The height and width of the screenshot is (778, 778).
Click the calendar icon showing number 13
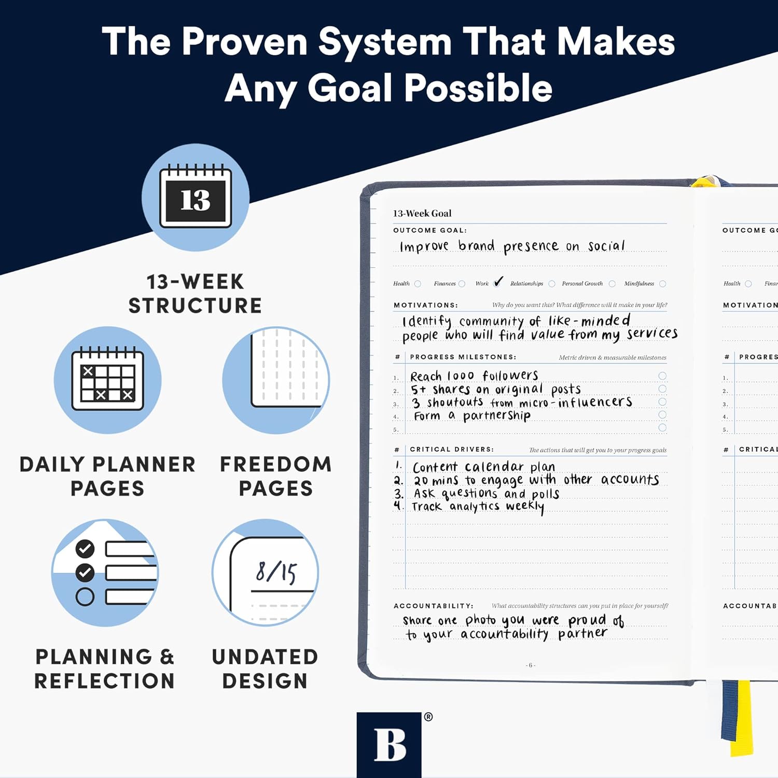pos(196,198)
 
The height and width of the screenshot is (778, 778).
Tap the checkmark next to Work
pos(498,282)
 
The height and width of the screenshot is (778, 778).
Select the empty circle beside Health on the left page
pos(418,284)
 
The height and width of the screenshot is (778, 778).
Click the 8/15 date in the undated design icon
pos(276,572)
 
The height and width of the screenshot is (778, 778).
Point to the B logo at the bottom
pos(389,745)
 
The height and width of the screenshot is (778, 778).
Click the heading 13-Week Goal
pos(422,213)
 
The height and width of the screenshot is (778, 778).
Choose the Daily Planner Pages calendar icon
pos(108,380)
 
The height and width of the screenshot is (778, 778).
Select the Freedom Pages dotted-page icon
pos(276,380)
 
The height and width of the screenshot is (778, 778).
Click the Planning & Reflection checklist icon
pos(105,573)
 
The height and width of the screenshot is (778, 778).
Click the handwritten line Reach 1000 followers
pos(474,376)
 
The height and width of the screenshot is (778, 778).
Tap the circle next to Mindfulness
pos(662,284)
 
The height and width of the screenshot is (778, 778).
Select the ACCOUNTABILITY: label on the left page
pos(433,606)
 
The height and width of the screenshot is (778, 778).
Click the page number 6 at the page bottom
pos(530,665)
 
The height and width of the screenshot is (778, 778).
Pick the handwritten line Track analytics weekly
pos(478,506)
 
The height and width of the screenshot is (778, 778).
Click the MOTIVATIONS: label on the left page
pos(425,305)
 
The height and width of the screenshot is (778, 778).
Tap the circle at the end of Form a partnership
pos(662,415)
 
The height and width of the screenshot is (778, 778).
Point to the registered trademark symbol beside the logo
pos(428,717)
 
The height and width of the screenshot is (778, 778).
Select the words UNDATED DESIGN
pos(265,669)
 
